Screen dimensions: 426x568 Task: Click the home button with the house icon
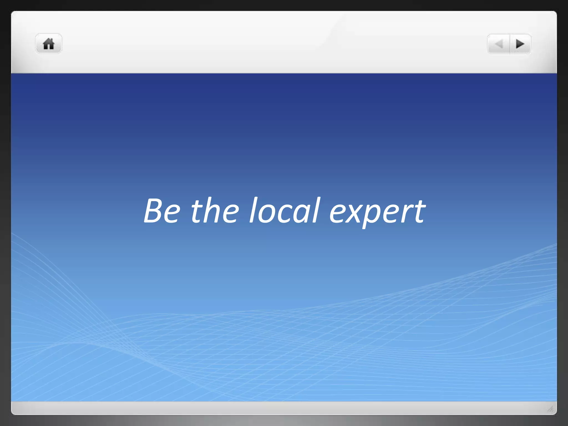click(49, 44)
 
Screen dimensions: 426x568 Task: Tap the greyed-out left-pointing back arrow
click(499, 44)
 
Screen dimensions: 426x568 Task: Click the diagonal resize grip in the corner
click(551, 409)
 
